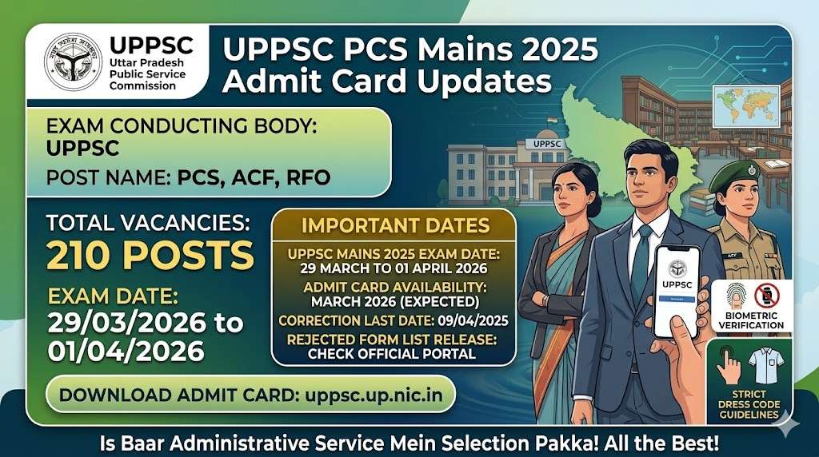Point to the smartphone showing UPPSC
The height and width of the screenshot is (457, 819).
pos(676,290)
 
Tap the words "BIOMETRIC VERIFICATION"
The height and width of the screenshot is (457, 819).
pos(751,320)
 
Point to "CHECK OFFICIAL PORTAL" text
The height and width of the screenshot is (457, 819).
pos(392,353)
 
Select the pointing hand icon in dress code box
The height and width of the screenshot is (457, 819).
pos(728,368)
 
